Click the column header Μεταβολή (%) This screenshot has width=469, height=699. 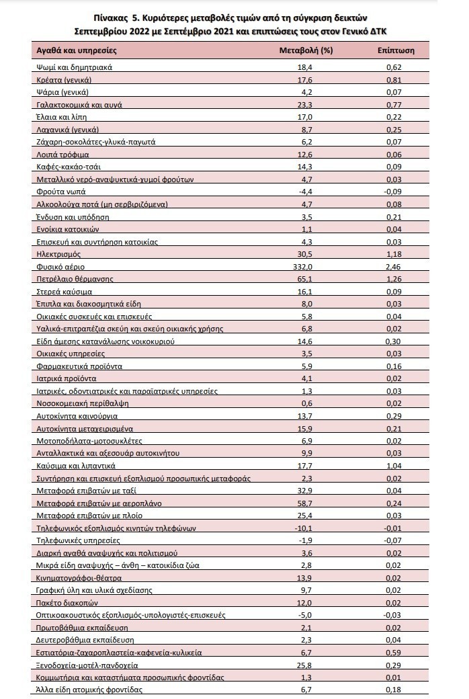[x=306, y=50]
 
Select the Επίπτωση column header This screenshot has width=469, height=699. [x=396, y=50]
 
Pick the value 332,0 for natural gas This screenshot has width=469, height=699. [x=306, y=267]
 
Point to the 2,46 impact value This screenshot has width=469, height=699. [x=395, y=267]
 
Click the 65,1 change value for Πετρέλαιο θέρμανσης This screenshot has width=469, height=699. [x=306, y=279]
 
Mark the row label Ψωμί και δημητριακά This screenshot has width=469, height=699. [x=73, y=67]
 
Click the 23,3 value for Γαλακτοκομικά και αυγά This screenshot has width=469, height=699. [x=306, y=104]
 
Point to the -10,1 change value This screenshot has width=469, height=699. [x=306, y=528]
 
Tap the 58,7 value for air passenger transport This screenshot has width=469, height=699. [x=306, y=503]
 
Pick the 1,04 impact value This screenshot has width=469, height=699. [x=395, y=465]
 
